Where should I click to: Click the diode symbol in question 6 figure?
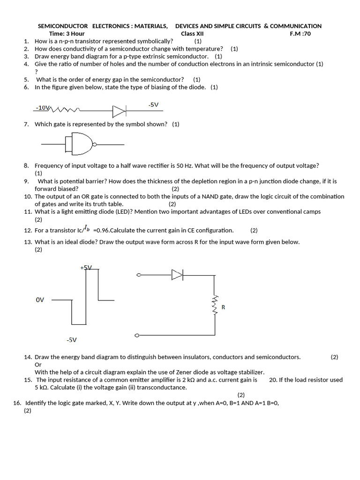point(119,111)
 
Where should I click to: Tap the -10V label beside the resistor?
point(42,108)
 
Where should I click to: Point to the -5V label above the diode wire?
point(153,105)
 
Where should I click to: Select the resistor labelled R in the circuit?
point(215,305)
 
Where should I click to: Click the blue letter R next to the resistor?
point(224,307)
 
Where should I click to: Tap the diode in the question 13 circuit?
point(177,275)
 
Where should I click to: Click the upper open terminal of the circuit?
point(138,275)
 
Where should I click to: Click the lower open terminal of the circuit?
point(136,336)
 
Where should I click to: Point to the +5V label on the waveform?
point(86,267)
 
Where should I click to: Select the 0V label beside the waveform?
point(40,300)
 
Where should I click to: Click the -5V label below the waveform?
point(71,340)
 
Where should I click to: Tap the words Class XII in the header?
point(192,34)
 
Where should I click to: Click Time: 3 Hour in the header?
point(67,34)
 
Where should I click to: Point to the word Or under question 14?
point(38,365)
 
